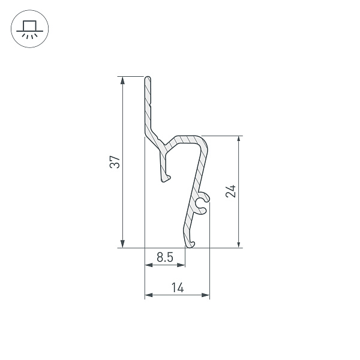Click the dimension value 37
[x=115, y=162]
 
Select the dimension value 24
[x=232, y=191]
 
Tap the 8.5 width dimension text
[x=165, y=257]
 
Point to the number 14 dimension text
[x=177, y=288]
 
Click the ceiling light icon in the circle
[x=29, y=29]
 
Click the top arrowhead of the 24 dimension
[x=239, y=139]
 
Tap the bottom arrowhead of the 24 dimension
[x=239, y=244]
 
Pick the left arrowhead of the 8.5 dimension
[x=148, y=265]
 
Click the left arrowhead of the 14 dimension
[x=148, y=295]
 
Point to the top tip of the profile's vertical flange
[x=147, y=78]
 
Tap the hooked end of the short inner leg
[x=166, y=178]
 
